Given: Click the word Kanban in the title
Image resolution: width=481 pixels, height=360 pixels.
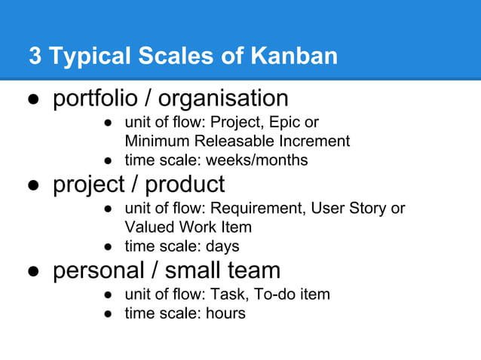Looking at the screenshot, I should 293,56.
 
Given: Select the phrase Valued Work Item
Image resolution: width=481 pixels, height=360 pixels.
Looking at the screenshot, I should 188,227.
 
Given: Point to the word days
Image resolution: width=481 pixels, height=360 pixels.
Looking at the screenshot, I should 222,246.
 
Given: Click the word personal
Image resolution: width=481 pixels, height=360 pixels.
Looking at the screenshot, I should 98,270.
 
